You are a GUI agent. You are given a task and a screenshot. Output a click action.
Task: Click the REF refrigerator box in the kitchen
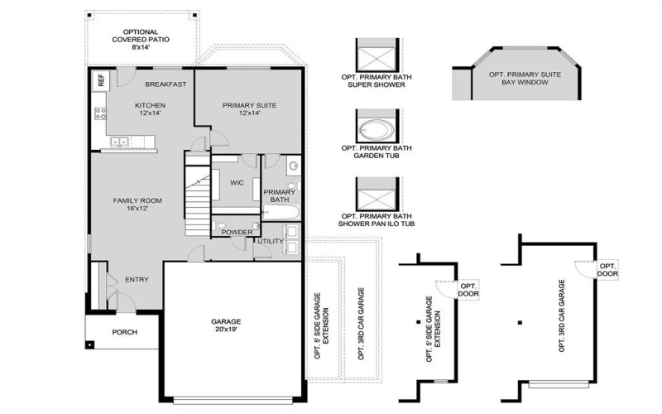pos(101,80)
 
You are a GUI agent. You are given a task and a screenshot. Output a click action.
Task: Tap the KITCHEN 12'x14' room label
pos(151,110)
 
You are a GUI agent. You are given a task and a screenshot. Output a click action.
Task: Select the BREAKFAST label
pos(165,84)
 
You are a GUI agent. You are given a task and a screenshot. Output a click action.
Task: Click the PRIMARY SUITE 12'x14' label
pos(249,110)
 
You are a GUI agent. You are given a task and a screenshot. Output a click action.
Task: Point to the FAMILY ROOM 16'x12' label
pos(137,205)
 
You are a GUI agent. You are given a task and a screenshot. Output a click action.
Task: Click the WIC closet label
pos(236,183)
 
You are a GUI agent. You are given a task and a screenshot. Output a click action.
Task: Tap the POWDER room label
pos(237,233)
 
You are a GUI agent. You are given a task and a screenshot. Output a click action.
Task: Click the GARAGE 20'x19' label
pos(225,325)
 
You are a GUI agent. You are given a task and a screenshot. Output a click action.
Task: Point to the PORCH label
pos(124,332)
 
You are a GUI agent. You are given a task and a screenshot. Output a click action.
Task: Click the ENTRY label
pos(137,280)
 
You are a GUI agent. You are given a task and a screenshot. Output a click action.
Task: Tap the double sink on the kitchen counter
pos(119,142)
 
